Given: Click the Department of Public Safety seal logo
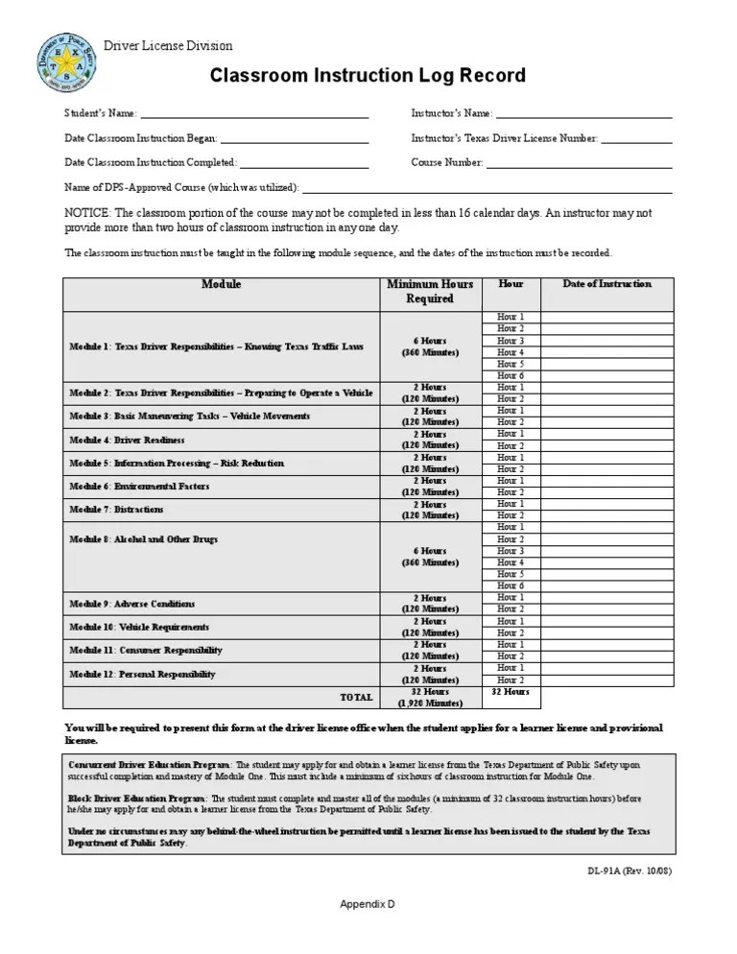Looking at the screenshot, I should (67, 62).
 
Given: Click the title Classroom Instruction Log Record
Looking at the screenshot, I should (368, 76).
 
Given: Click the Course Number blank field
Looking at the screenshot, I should (579, 163).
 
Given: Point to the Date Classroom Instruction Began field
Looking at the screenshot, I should (295, 138).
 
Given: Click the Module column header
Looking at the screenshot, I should (222, 285).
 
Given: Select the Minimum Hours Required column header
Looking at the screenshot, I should (430, 292).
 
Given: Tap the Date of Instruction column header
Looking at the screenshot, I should (606, 284).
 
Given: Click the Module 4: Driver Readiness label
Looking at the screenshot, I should (126, 441).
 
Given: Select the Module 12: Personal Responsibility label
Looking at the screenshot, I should (142, 675).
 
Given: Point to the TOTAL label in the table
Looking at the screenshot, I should (356, 697).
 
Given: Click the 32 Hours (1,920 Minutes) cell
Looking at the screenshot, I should (430, 697).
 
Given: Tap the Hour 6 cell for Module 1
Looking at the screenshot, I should (511, 376).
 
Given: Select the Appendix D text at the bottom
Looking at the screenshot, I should (368, 905).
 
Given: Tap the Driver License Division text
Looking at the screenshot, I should (168, 46).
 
